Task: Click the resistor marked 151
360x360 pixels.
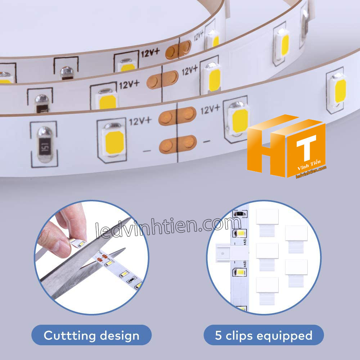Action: pyautogui.click(x=45, y=144)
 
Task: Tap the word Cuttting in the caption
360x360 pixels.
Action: pyautogui.click(x=69, y=336)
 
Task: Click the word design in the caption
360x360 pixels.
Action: pyautogui.click(x=120, y=336)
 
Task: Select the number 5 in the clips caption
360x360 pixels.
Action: pyautogui.click(x=218, y=335)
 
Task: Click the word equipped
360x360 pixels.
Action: pyautogui.click(x=284, y=336)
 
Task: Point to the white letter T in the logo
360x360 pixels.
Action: pyautogui.click(x=306, y=148)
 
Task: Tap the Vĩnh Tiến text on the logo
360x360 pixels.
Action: pyautogui.click(x=309, y=165)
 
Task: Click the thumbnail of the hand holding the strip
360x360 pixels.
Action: pyautogui.click(x=92, y=257)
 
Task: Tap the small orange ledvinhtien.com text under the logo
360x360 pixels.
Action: pyautogui.click(x=311, y=172)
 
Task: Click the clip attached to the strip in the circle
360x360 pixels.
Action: pyautogui.click(x=232, y=253)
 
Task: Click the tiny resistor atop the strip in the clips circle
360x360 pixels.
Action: pyautogui.click(x=240, y=214)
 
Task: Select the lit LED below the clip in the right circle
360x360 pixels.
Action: pyautogui.click(x=240, y=272)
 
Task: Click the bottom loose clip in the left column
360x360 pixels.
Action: pyautogui.click(x=267, y=291)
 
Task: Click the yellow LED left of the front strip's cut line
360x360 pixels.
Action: pyautogui.click(x=114, y=142)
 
